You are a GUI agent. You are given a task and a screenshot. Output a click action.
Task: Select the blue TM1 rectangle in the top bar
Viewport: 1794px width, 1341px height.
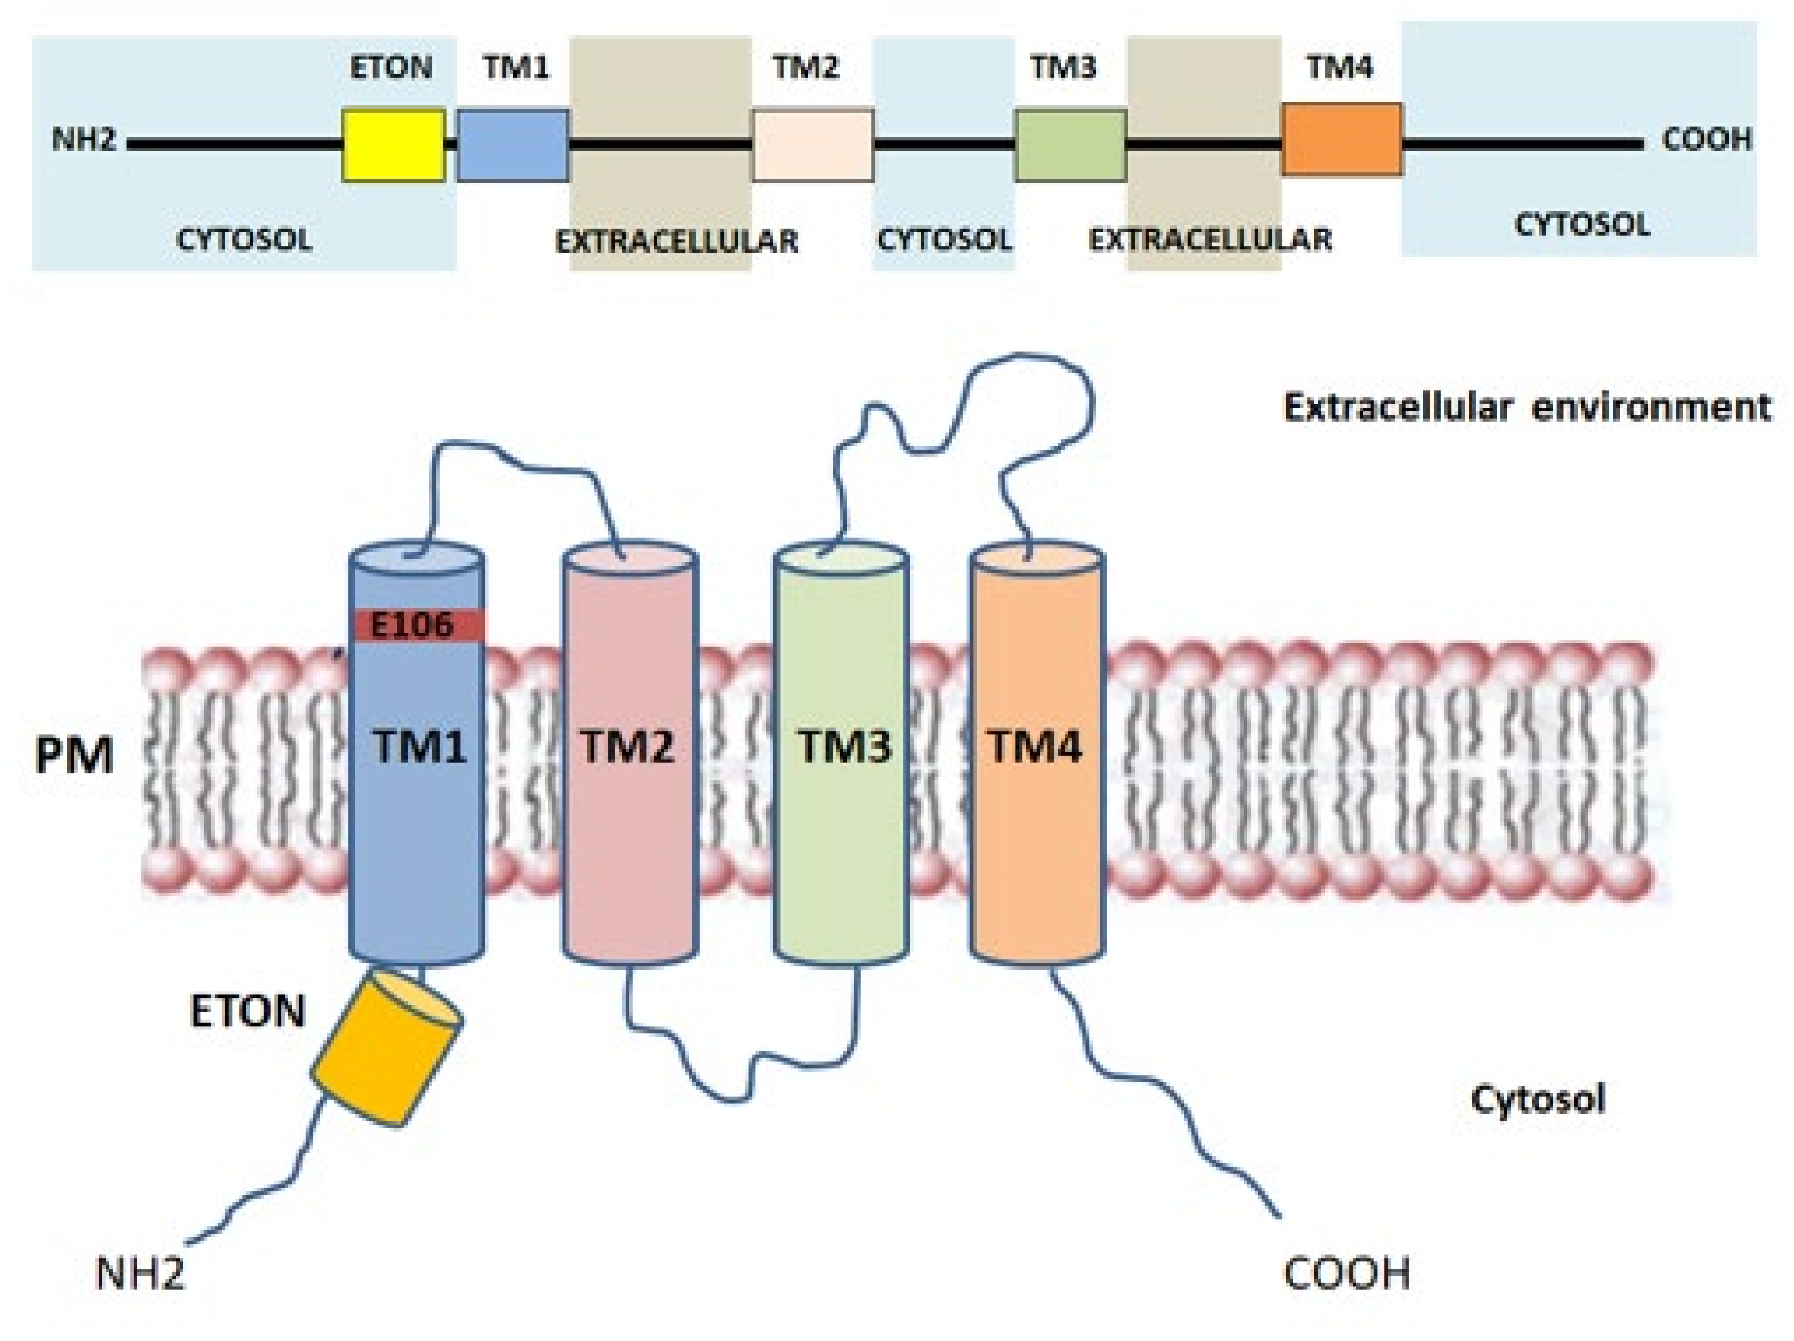(x=512, y=145)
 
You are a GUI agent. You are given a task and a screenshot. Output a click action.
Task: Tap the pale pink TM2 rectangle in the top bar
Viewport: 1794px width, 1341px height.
(x=812, y=145)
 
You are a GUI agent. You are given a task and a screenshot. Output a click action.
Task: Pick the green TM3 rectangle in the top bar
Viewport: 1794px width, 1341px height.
(x=1070, y=145)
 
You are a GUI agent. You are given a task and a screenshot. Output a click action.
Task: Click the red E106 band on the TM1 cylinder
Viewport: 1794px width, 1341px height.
(x=418, y=625)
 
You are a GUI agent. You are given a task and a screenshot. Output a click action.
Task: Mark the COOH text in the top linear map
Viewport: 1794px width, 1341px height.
(x=1706, y=140)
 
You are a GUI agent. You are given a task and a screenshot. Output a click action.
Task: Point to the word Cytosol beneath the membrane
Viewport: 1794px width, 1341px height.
(x=1538, y=1099)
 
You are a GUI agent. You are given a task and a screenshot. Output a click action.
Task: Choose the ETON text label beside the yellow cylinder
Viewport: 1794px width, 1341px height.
(x=247, y=1011)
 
